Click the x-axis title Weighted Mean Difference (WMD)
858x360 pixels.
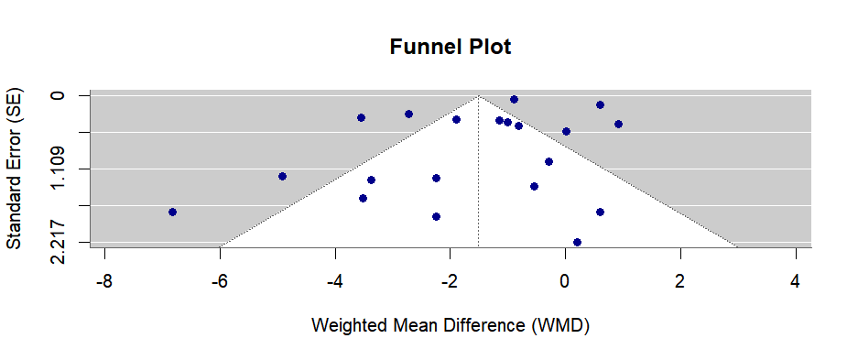click(450, 325)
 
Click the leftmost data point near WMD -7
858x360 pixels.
click(172, 212)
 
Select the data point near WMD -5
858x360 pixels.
click(282, 176)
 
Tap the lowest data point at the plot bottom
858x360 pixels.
click(577, 242)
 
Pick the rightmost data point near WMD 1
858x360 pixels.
click(618, 124)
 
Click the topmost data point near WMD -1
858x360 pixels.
click(514, 99)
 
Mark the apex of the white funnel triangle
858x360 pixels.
click(478, 95)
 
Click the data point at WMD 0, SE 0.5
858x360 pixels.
click(566, 131)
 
